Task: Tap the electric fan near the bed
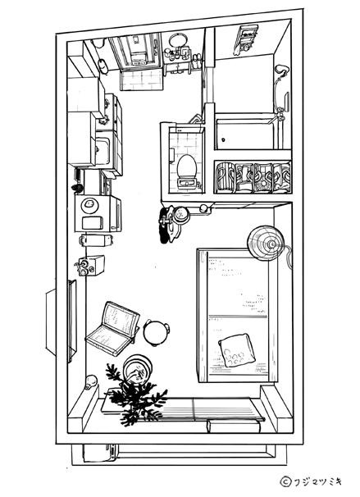click(x=266, y=243)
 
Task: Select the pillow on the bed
click(x=237, y=350)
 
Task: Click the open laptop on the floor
click(x=112, y=329)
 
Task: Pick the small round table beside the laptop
click(x=156, y=332)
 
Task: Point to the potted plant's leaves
click(x=134, y=396)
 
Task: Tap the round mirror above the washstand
click(x=175, y=40)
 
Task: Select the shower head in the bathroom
click(x=281, y=69)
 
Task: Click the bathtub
click(x=244, y=133)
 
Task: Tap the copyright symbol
click(x=285, y=481)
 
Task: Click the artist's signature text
click(x=317, y=481)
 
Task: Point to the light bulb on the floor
click(x=91, y=382)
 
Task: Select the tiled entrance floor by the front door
click(x=142, y=80)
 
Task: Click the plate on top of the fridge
click(x=89, y=205)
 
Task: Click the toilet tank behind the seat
click(x=187, y=183)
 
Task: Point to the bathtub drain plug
click(x=223, y=139)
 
